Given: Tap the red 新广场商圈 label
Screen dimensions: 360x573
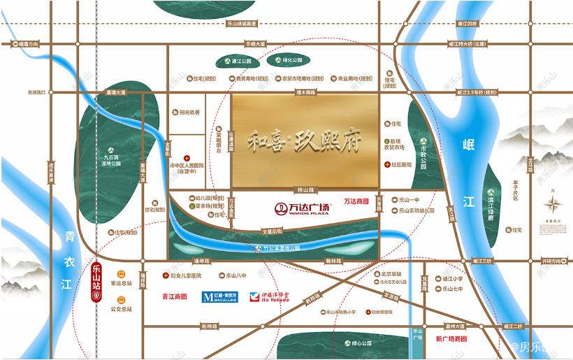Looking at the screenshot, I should pos(451,339).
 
